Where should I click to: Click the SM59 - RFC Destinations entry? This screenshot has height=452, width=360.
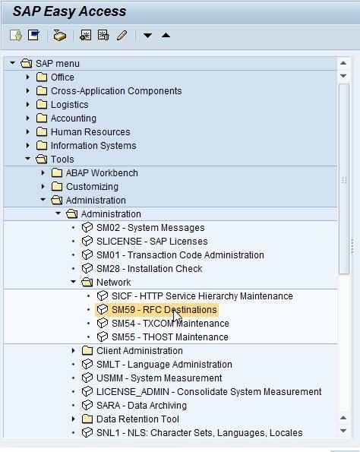coord(164,310)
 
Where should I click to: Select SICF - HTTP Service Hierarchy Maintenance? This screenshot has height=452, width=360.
coord(202,296)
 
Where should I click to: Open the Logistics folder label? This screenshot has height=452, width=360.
coord(69,105)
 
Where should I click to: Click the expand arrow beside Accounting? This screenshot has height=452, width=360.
coord(27,119)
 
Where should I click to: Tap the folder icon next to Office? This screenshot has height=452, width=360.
coord(42,77)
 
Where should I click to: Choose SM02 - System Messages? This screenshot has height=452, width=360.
coord(150,228)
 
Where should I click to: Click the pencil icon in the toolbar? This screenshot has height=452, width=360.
coord(122,36)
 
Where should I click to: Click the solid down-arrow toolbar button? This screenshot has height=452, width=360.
coord(147,36)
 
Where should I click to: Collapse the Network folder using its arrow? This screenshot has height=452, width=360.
coord(73,282)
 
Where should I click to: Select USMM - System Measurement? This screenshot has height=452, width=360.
coord(159,378)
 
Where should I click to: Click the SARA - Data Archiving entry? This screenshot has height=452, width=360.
coord(141,406)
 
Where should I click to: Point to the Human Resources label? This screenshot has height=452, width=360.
coord(90,132)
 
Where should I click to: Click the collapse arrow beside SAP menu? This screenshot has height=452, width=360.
coord(12,63)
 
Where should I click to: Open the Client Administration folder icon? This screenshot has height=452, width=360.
coord(87,350)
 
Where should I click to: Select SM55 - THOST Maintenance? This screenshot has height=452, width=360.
coord(170,337)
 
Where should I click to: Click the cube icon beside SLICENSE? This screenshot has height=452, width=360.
coord(87,241)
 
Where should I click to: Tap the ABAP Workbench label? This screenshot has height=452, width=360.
coord(102,173)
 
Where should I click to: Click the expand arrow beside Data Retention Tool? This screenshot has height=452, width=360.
coord(73,419)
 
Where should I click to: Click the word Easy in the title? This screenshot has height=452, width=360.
coord(60,11)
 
